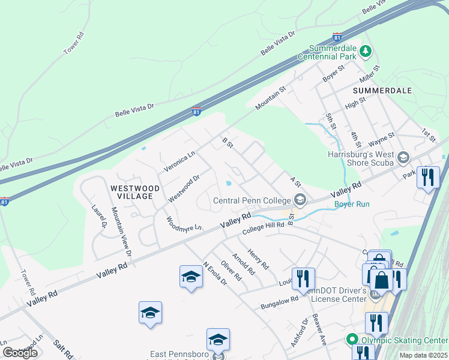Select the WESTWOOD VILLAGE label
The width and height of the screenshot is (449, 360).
tap(135, 192)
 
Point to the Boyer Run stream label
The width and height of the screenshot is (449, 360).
tap(352, 204)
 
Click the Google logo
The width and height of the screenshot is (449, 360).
tap(20, 352)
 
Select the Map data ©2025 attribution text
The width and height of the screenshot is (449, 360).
tap(423, 355)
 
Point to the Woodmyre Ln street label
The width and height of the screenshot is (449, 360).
tap(183, 227)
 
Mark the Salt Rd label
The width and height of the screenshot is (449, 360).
tap(63, 350)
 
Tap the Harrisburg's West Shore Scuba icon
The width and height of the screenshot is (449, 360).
tap(403, 157)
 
